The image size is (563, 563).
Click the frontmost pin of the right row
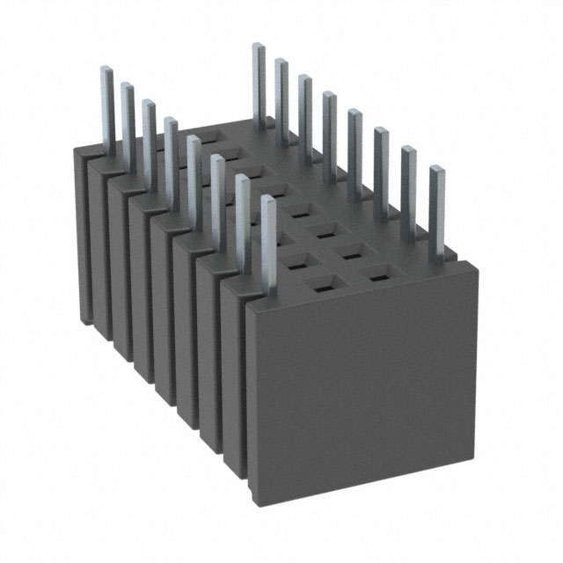(x=436, y=207)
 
